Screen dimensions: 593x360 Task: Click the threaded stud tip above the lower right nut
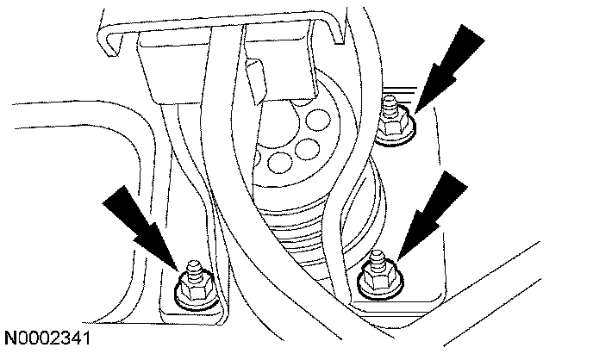pyautogui.click(x=376, y=256)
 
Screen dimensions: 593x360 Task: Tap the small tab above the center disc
pyautogui.click(x=257, y=72)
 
